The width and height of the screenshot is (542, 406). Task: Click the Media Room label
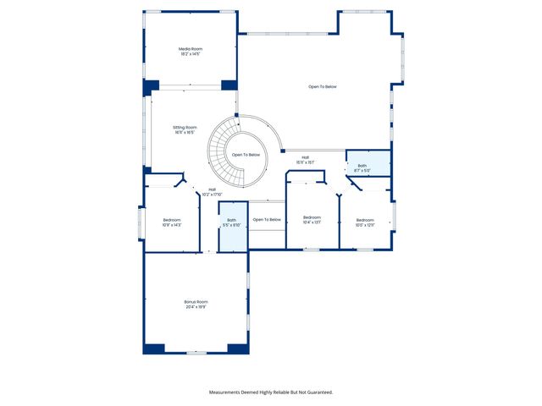coord(190,49)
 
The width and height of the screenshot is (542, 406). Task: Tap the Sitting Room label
coord(185,127)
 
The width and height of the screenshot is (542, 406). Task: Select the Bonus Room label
coord(196,302)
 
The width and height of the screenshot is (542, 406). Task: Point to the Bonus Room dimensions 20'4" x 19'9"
coord(196,307)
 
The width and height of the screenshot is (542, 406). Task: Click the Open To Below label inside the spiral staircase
coord(246,155)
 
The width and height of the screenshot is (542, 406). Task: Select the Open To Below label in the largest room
coord(323,86)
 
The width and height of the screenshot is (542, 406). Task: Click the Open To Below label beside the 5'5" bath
coord(267,220)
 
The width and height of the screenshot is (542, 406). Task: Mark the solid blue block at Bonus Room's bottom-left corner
coord(153,348)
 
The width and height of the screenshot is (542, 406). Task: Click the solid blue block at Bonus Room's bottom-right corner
coord(238,348)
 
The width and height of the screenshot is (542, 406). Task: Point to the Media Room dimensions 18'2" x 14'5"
coord(190,55)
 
